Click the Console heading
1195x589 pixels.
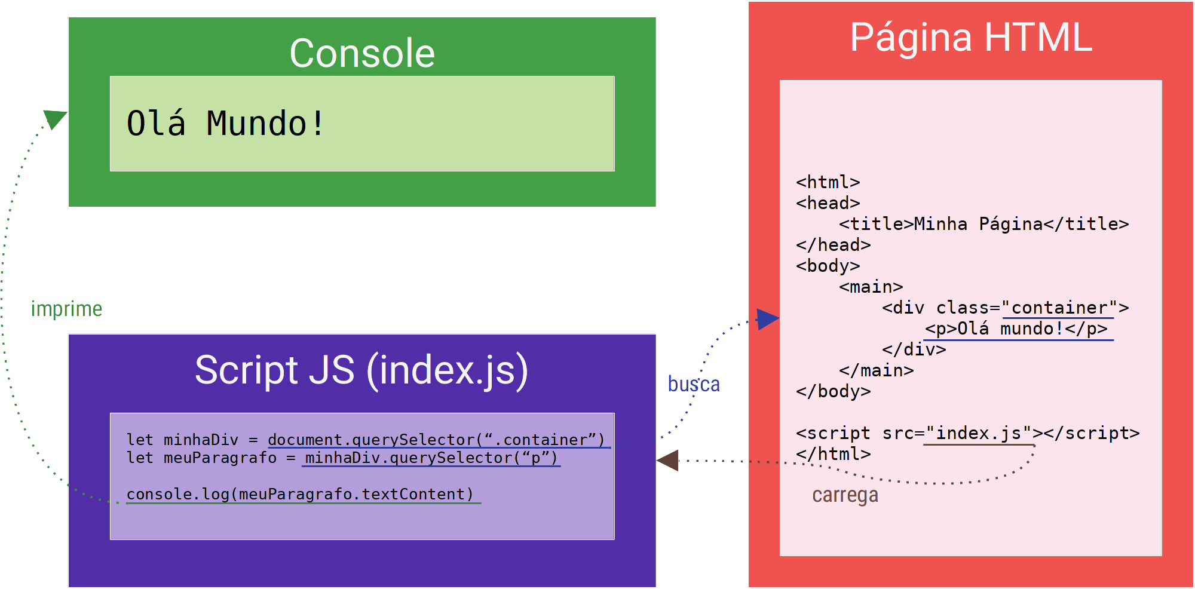(x=362, y=53)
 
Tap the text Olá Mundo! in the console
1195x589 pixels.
(x=225, y=124)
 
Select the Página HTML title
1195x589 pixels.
(x=971, y=38)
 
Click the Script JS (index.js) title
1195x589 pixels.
(x=361, y=370)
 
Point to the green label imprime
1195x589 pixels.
(x=66, y=309)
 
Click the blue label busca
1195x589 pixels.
(x=693, y=384)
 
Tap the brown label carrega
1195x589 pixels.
(x=845, y=495)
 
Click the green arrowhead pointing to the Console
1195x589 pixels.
(x=56, y=118)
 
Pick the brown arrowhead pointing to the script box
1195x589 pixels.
(x=669, y=460)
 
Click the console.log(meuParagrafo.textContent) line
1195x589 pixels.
(x=300, y=494)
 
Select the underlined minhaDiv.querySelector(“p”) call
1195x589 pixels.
(x=431, y=458)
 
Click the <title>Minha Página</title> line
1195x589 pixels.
(x=983, y=224)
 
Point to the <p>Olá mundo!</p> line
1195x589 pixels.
(x=1016, y=329)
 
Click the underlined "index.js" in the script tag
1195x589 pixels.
(x=979, y=433)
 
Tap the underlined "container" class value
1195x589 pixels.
(x=1059, y=308)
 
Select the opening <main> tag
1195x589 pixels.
(x=871, y=287)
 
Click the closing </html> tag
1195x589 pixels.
(x=833, y=454)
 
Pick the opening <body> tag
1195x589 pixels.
(x=828, y=266)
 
